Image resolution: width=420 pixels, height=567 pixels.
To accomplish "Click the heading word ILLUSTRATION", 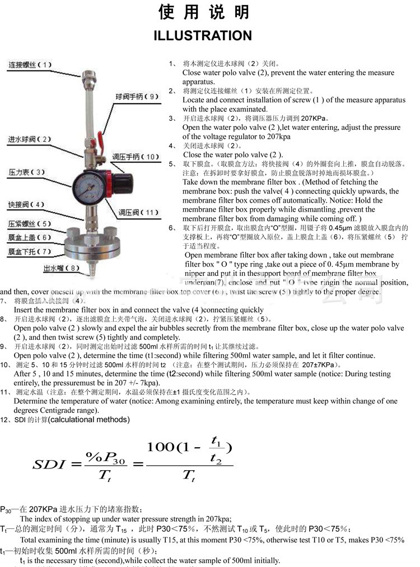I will (203, 36).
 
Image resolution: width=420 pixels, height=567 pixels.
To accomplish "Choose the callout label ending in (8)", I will (62, 268).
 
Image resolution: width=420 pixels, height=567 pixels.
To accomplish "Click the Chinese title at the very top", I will (203, 12).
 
